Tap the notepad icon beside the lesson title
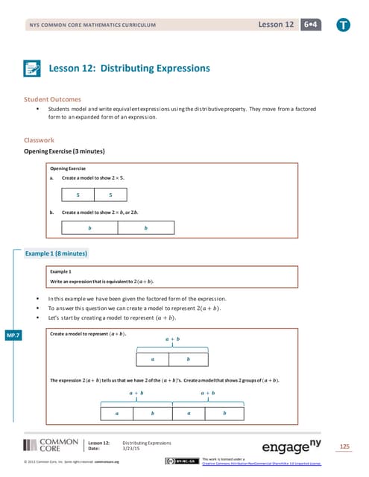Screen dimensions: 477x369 click(x=33, y=69)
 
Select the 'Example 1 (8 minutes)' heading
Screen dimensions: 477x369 click(x=57, y=254)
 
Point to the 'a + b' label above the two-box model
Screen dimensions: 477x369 click(x=171, y=339)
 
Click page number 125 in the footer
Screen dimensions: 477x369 click(x=344, y=446)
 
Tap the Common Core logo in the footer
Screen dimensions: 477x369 click(x=51, y=446)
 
